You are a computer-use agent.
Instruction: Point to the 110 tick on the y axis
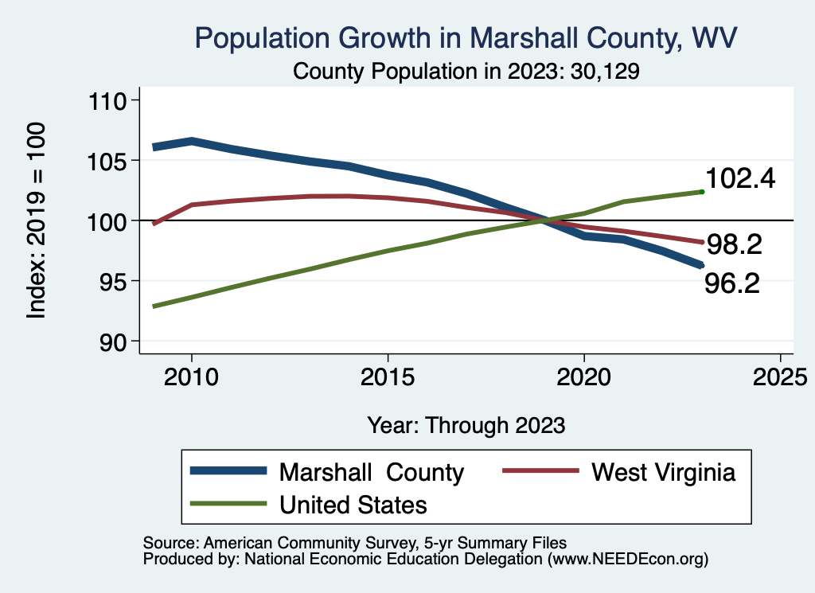click(x=111, y=100)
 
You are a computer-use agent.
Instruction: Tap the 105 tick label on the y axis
click(x=111, y=161)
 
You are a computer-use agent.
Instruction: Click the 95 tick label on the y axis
click(x=116, y=281)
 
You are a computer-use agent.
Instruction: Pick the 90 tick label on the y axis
click(x=116, y=341)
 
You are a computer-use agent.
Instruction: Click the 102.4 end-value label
click(x=740, y=179)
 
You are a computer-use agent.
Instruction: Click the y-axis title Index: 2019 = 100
click(x=37, y=220)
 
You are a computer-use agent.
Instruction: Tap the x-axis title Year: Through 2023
click(x=466, y=425)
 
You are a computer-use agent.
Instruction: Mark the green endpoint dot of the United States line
click(x=701, y=191)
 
